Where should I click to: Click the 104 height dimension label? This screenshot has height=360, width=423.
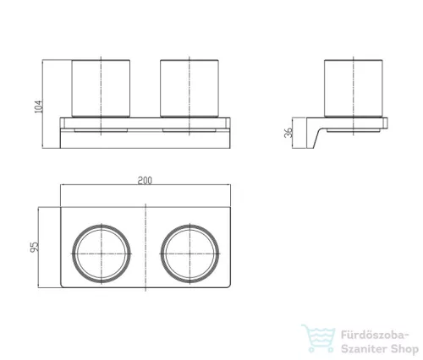[x=38, y=106]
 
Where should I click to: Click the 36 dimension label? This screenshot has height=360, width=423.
[x=288, y=133]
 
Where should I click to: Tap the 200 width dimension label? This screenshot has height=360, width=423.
[x=145, y=181]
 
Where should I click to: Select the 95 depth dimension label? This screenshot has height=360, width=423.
[x=34, y=247]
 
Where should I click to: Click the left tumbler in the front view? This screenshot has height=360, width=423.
[x=101, y=88]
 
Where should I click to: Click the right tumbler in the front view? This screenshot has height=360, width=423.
[x=190, y=88]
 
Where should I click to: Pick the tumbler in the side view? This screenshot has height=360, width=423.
[x=354, y=88]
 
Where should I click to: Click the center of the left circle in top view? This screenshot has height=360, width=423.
[x=102, y=254]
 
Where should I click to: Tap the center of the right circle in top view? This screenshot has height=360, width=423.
[x=190, y=254]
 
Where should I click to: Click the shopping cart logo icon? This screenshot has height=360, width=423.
[x=318, y=338]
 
